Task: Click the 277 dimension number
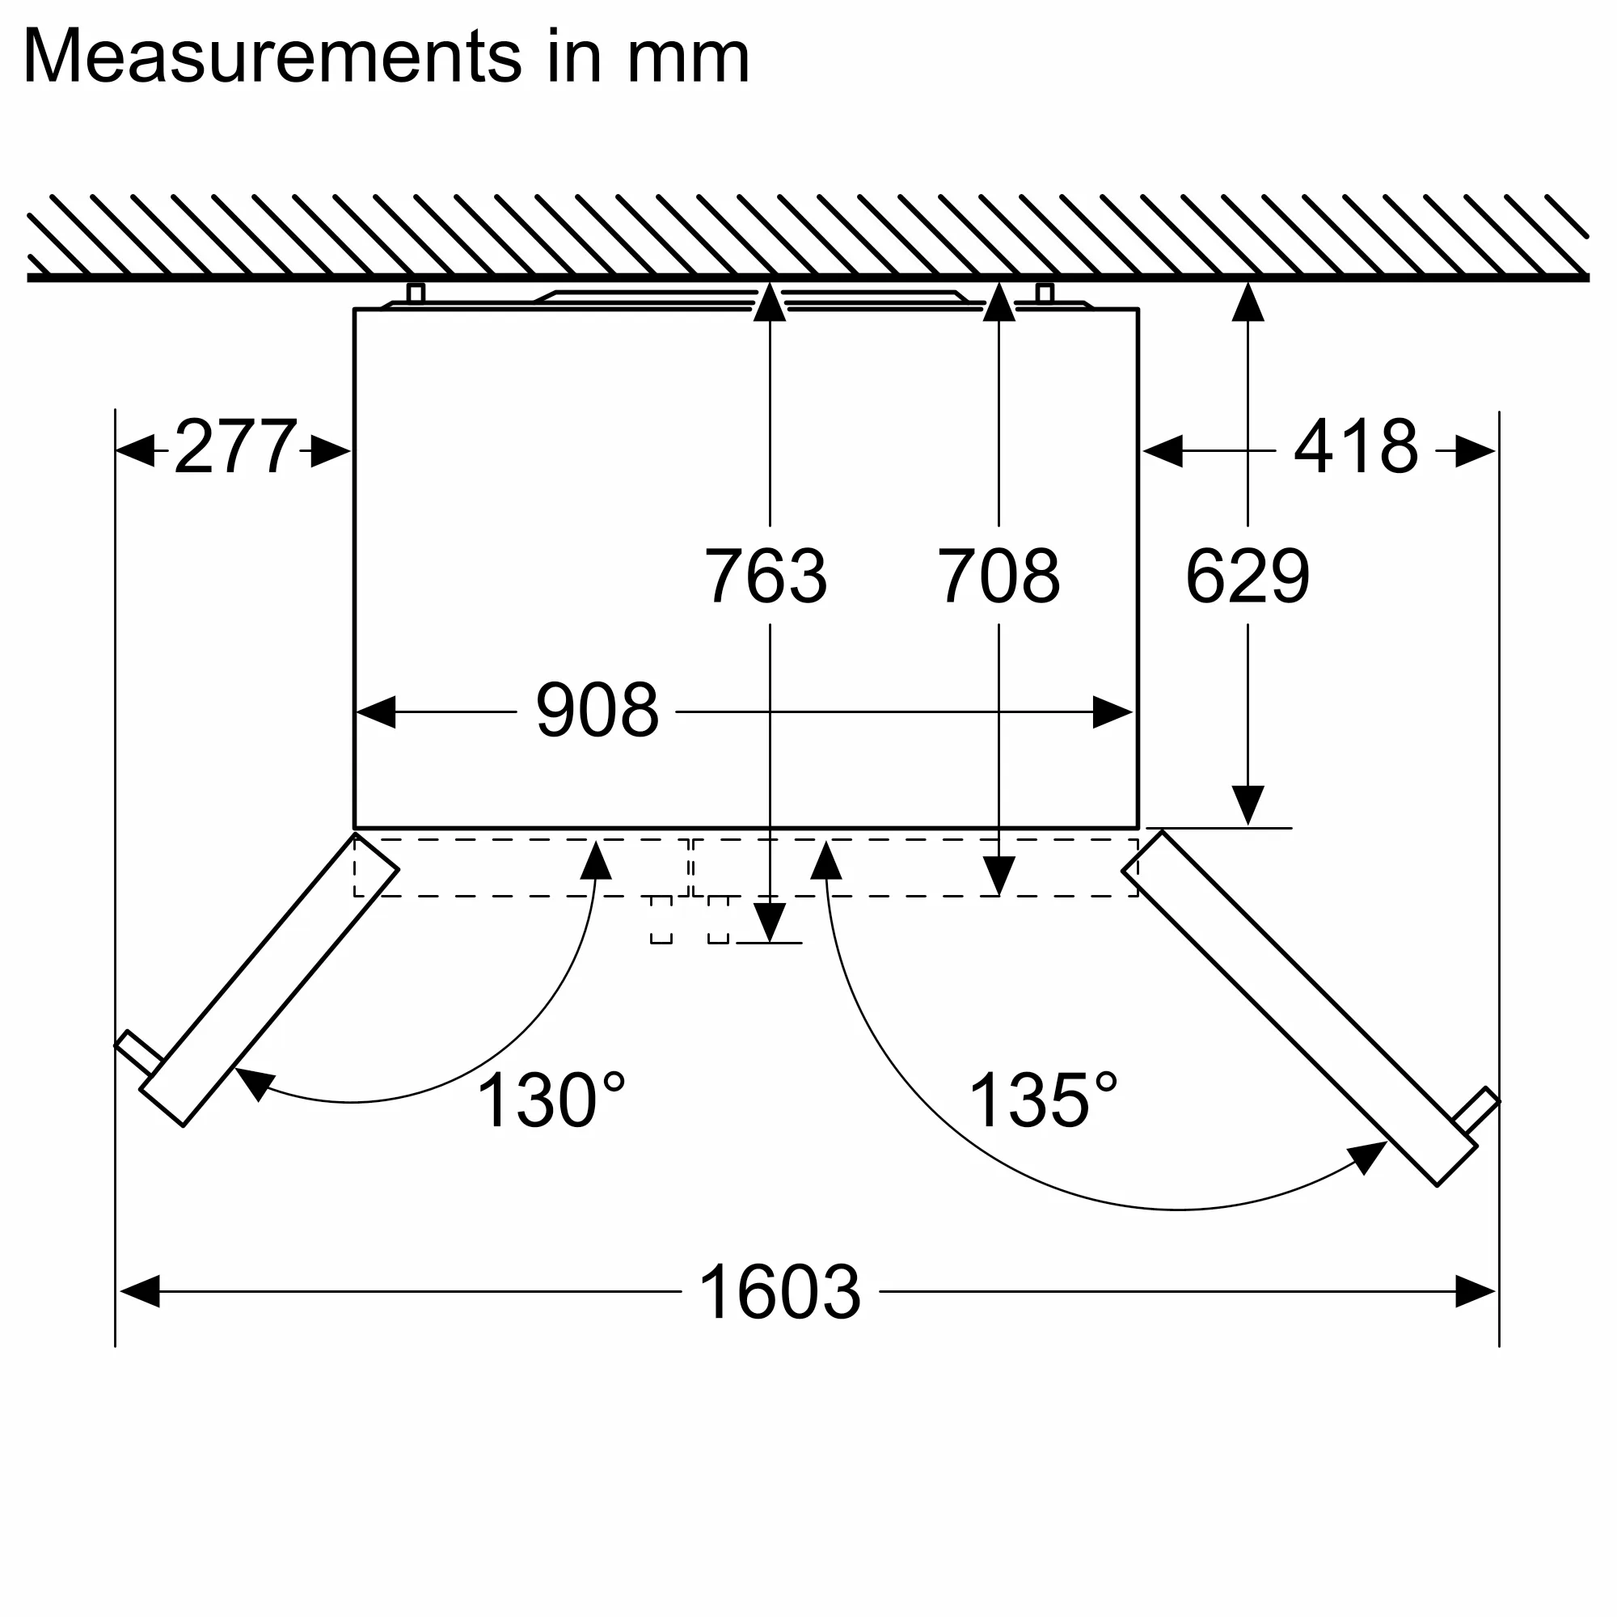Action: [235, 448]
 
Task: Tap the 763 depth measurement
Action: [766, 576]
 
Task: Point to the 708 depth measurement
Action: [998, 576]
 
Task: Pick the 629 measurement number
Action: [1247, 576]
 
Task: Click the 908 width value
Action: [597, 711]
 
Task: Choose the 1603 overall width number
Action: [779, 1292]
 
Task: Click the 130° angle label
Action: [551, 1100]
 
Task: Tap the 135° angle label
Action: [1042, 1100]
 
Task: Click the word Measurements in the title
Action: [272, 57]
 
